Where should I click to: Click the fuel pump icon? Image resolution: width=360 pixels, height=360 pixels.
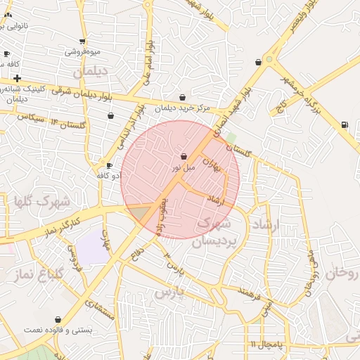(344, 125)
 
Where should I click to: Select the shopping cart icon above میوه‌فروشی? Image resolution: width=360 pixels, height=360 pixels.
(83, 41)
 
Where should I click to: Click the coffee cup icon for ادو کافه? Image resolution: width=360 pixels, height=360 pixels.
(109, 165)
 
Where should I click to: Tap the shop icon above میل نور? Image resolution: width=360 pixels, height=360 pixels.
(184, 156)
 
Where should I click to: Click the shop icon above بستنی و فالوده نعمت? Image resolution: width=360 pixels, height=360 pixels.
(67, 319)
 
